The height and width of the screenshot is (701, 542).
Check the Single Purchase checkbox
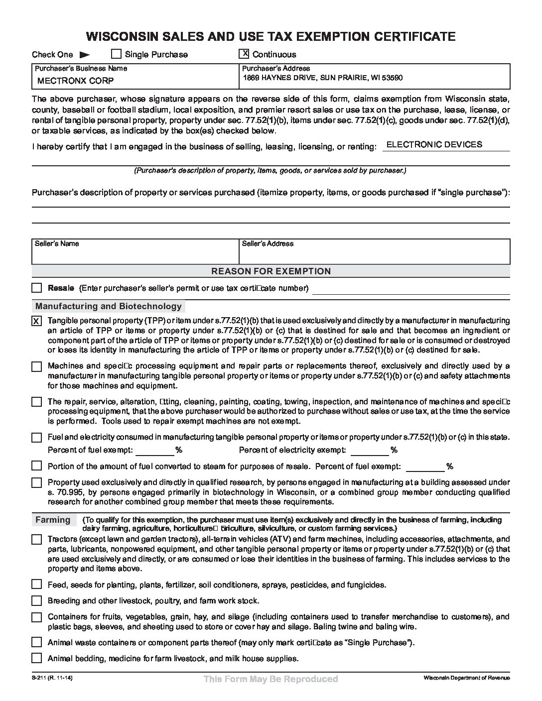116,54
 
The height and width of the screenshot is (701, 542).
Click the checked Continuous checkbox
244,54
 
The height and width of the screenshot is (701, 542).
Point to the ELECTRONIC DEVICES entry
434,144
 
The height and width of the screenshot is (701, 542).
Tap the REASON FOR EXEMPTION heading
271,271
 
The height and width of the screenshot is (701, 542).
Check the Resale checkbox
37,288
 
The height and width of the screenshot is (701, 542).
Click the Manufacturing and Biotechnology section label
109,306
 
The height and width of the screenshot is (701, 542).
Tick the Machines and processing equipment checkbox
37,367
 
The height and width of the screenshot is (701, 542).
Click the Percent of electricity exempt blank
370,450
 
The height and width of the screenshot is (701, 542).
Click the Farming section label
53,520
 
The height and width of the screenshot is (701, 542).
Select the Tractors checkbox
37,539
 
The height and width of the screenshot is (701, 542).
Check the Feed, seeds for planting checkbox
37,584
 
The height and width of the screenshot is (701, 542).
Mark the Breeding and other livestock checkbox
37,600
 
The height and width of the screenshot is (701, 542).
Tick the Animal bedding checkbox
37,658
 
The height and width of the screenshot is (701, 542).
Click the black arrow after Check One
85,55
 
